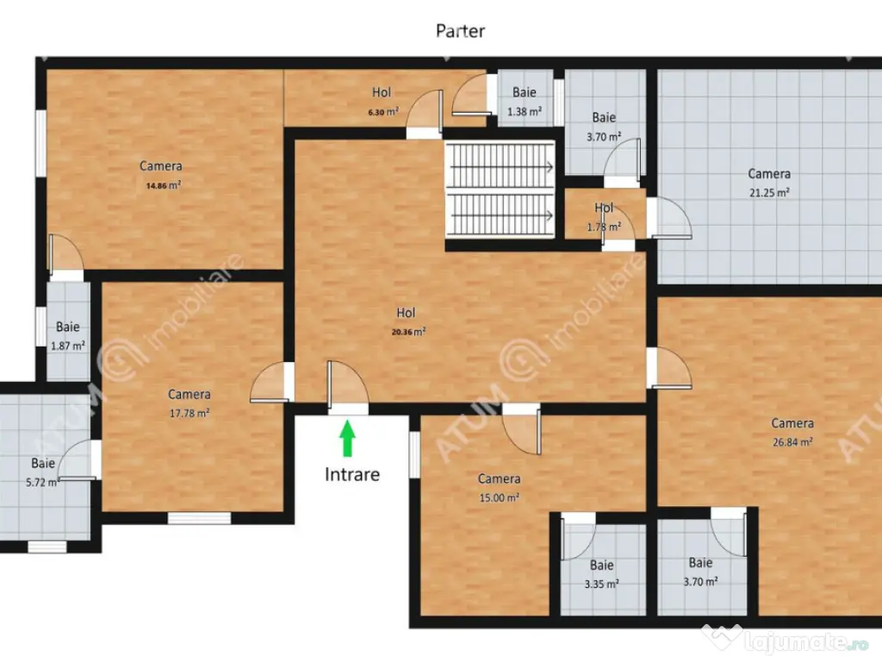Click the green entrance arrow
(347, 438)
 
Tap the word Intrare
(351, 473)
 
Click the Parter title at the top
(460, 31)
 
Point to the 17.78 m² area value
(189, 412)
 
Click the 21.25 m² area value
(769, 193)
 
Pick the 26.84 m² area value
(792, 441)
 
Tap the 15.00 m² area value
(499, 497)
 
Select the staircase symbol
(500, 190)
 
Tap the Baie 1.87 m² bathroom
(67, 336)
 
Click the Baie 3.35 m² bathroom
(602, 574)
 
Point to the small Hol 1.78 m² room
(604, 217)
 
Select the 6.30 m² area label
(382, 111)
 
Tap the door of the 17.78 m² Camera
(271, 384)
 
